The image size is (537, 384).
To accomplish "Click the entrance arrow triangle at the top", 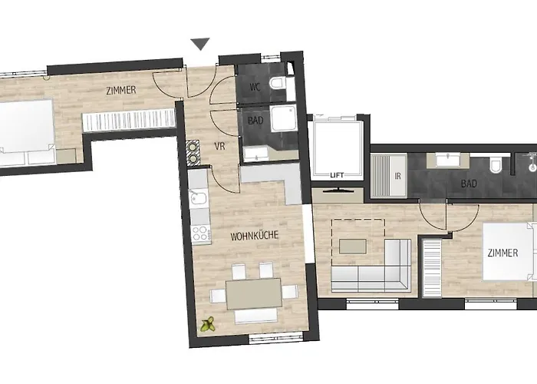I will tap(200, 45).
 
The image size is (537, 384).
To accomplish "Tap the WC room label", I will tap(255, 87).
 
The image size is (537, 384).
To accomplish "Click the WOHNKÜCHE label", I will tap(254, 237).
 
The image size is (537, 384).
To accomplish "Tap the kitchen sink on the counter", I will tap(198, 202).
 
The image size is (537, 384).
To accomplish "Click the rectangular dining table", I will tap(253, 293).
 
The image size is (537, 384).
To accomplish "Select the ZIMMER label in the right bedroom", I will tap(502, 253).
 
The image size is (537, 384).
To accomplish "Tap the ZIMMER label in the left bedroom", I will tap(121, 90).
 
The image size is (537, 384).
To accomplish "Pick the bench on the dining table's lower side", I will tap(253, 317).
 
